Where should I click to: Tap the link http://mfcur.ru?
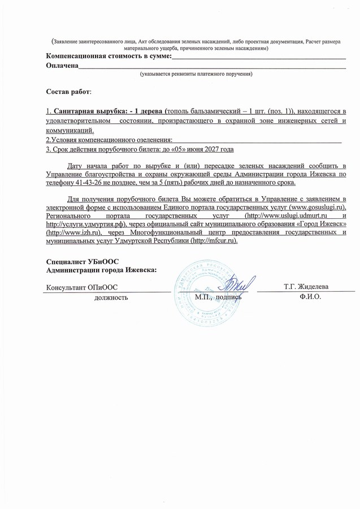pyautogui.click(x=214, y=240)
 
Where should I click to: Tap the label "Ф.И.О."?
pyautogui.click(x=310, y=297)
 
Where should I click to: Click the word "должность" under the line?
pyautogui.click(x=111, y=297)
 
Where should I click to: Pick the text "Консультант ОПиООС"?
pyautogui.click(x=82, y=287)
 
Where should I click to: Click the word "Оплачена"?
pyautogui.click(x=62, y=66)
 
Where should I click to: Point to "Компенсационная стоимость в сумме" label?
pyautogui.click(x=107, y=57)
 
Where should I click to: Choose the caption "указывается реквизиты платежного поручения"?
pyautogui.click(x=196, y=74)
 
